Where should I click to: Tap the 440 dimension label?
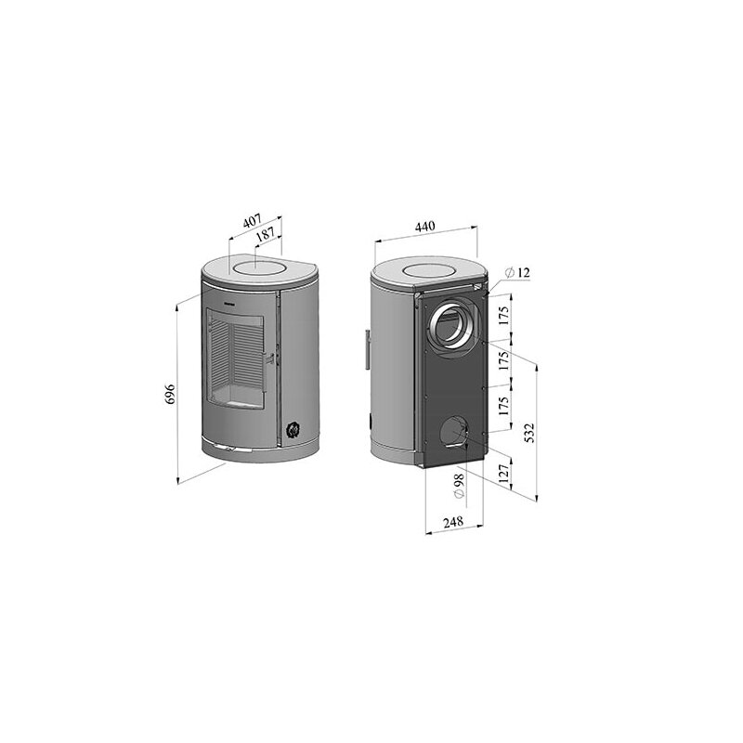424,226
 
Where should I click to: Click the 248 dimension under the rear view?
452,523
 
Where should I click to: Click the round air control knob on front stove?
293,428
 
